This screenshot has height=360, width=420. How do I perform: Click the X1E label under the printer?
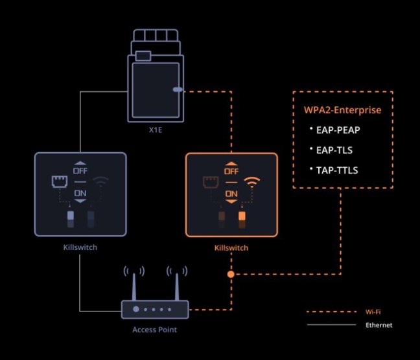click(x=156, y=130)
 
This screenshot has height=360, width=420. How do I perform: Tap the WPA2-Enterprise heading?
click(x=342, y=110)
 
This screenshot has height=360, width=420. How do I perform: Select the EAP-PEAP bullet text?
click(x=338, y=130)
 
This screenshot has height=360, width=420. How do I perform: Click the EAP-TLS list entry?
click(x=334, y=150)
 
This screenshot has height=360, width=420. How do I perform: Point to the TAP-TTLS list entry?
click(x=337, y=170)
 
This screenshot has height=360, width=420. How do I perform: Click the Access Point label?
click(x=154, y=330)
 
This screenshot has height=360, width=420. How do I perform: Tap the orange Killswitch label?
click(x=231, y=248)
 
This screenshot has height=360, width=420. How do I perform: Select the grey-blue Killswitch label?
click(x=80, y=247)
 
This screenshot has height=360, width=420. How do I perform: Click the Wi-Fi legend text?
click(x=373, y=312)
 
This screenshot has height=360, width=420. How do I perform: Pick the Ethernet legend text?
click(x=379, y=325)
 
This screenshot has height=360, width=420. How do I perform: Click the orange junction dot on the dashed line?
click(x=231, y=274)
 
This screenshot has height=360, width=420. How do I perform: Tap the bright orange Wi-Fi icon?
click(x=251, y=182)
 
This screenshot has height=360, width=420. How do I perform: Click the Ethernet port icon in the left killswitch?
click(x=60, y=181)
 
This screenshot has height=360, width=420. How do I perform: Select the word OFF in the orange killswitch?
click(x=231, y=172)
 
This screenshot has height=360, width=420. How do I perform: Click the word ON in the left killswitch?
click(x=80, y=193)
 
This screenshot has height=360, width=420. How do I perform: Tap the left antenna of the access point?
click(x=134, y=287)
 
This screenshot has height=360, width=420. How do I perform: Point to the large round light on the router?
click(x=136, y=309)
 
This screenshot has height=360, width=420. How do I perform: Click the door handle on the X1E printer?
click(x=178, y=89)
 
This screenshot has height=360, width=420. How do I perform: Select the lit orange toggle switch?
click(x=242, y=216)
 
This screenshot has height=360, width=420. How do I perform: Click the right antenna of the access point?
click(x=177, y=287)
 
